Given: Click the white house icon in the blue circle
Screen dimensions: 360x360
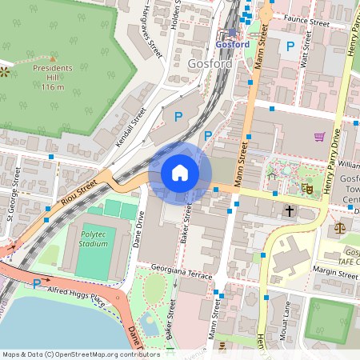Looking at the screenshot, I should [x=180, y=172].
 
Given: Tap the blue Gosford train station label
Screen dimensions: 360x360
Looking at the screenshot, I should [x=232, y=45].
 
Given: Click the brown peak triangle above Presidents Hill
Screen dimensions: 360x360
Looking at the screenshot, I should [x=53, y=58].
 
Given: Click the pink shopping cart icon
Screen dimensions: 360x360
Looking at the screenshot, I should [x=319, y=137].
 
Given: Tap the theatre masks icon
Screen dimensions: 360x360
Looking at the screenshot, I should [x=306, y=189].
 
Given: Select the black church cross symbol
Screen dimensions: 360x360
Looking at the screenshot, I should [x=289, y=211].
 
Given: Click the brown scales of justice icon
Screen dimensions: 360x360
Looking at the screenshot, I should [x=338, y=226].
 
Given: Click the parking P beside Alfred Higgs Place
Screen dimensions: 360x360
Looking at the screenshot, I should [x=36, y=283].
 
